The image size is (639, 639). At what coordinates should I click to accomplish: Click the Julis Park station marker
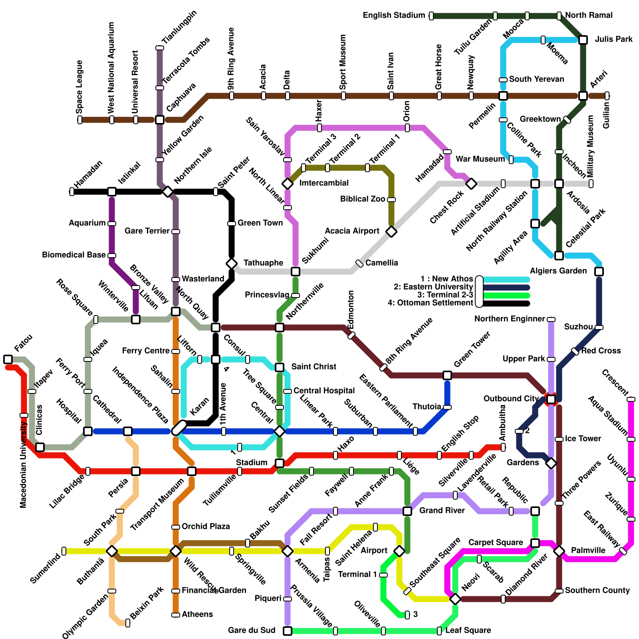tap(583, 40)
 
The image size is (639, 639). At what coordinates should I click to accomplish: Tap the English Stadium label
tap(393, 16)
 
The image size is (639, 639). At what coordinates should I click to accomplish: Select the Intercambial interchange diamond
tap(288, 184)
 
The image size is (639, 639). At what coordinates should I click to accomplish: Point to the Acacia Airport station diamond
tap(391, 232)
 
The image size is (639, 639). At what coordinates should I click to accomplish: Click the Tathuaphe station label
tap(263, 263)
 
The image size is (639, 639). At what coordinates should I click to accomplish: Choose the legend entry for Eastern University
tap(433, 287)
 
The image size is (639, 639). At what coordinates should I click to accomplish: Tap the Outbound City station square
tap(551, 399)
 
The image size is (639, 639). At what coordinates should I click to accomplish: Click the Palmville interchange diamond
tap(559, 551)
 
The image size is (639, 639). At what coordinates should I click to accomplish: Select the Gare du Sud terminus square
tap(288, 631)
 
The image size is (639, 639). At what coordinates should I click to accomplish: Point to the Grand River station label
tap(442, 510)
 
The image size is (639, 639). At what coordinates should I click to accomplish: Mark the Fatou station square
tap(8, 359)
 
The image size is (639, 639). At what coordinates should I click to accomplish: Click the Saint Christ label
tap(314, 367)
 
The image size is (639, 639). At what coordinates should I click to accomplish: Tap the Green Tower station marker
tap(447, 375)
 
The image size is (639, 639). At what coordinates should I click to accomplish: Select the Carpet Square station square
tap(535, 543)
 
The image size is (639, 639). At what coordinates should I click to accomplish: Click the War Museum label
tap(480, 159)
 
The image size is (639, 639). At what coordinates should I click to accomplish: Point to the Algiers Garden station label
tap(558, 271)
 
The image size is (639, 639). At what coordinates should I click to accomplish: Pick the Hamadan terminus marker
tap(72, 192)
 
